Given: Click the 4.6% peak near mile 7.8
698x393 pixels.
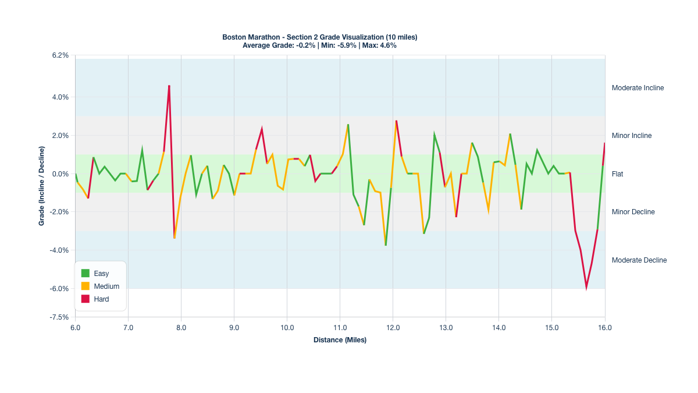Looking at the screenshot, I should [x=169, y=86].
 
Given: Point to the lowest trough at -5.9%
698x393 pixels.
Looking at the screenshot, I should [x=586, y=287].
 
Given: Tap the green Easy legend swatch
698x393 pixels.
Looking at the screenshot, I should [x=86, y=273].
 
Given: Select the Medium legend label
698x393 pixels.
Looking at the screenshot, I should [x=106, y=286].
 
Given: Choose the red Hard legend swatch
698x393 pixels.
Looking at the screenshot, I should [x=86, y=299].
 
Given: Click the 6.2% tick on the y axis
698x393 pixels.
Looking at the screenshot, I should [x=60, y=55].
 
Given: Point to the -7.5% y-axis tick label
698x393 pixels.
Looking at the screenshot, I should [x=60, y=317].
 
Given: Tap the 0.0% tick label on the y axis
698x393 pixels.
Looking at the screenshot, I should [x=60, y=174].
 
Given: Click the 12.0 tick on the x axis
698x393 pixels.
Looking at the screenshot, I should [x=393, y=328].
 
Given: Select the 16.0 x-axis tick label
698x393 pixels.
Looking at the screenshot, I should [x=605, y=328].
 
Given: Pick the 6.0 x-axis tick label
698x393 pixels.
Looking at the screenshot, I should [x=75, y=328].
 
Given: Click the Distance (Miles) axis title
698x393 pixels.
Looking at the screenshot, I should [x=340, y=340].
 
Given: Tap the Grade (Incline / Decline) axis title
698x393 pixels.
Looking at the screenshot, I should [x=42, y=186].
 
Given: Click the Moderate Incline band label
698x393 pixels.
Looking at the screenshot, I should [x=638, y=88].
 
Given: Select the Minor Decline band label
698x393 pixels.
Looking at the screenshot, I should [x=633, y=212].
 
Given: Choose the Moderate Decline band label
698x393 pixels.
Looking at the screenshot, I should [x=639, y=260].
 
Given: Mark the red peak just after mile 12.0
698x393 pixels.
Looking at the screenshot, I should [x=396, y=121].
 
